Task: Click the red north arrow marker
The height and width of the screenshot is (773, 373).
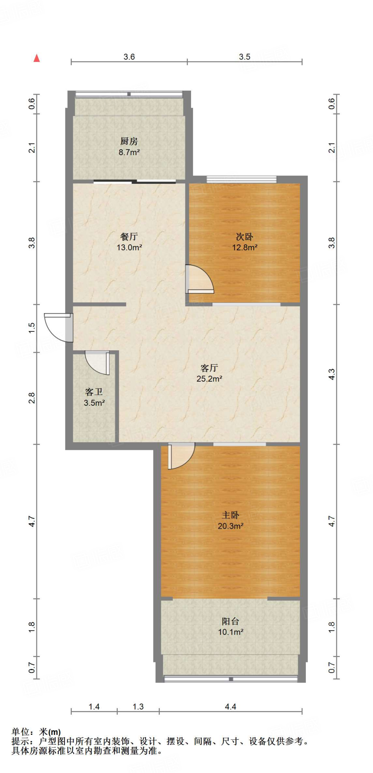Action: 37,58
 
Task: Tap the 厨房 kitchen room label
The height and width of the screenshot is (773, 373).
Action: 129,142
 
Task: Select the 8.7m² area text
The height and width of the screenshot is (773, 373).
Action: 129,152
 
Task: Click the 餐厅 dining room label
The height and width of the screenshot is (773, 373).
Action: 129,237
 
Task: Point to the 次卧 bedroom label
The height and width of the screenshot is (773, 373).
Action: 245,237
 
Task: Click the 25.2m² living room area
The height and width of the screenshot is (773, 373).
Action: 209,379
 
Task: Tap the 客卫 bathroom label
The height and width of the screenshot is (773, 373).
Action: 94,392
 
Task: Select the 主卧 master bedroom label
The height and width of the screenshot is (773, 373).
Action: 230,515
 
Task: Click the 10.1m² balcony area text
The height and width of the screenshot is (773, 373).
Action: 230,632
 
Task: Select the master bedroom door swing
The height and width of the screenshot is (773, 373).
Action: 181,456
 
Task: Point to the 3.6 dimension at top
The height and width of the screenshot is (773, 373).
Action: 129,57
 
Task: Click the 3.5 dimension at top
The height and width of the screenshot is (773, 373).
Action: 245,57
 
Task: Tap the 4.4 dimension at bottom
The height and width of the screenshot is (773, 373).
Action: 230,707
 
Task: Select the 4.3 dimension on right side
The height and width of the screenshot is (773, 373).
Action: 331,374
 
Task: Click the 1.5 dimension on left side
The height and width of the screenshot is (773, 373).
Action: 32,327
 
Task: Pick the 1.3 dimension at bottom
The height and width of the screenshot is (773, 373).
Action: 138,707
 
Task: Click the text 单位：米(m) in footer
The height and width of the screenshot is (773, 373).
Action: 36,732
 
